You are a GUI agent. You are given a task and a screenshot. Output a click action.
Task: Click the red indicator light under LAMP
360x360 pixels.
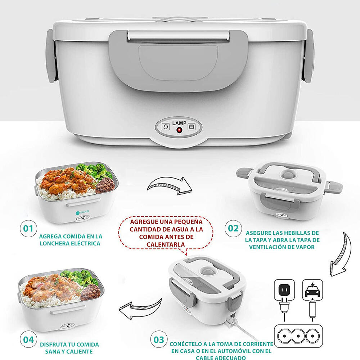[x=179, y=130]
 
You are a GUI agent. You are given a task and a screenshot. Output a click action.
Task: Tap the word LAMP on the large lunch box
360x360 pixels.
[x=179, y=123]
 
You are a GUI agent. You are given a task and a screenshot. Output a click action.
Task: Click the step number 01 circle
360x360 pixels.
[x=28, y=229]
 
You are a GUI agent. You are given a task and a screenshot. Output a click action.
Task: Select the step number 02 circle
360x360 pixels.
[x=233, y=228]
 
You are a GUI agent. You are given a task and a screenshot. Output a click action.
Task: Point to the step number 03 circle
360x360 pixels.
[x=159, y=339]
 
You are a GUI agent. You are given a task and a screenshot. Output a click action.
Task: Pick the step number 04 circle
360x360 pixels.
[x=28, y=339]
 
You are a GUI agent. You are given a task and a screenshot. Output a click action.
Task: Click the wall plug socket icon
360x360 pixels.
[x=284, y=290]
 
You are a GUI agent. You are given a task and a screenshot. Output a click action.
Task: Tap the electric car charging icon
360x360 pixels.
[x=312, y=290]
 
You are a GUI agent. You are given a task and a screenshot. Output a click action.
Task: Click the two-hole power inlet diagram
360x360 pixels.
[x=298, y=336]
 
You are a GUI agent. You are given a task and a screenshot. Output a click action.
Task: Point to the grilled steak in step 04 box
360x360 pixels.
[x=90, y=292]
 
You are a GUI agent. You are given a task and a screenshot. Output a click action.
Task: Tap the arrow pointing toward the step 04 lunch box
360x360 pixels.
[x=140, y=309]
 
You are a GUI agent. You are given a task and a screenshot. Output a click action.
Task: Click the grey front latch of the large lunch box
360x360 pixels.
[x=179, y=61]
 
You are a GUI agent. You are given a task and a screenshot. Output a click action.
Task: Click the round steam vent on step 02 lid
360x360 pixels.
[x=289, y=174]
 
